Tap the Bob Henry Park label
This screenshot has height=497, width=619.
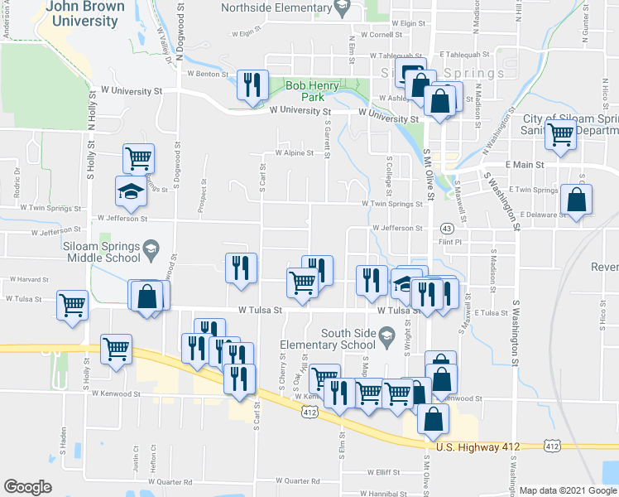(x=312, y=91)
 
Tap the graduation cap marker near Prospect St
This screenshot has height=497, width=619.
(x=130, y=191)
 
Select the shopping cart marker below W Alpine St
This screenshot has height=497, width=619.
(x=137, y=157)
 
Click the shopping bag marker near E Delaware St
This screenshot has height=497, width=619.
(x=576, y=200)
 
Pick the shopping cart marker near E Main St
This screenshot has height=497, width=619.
(x=561, y=133)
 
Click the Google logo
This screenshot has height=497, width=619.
(x=27, y=487)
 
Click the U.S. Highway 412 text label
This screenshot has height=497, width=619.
(x=477, y=447)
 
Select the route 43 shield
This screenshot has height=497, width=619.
(x=446, y=228)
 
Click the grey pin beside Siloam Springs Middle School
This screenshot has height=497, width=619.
(x=151, y=246)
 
